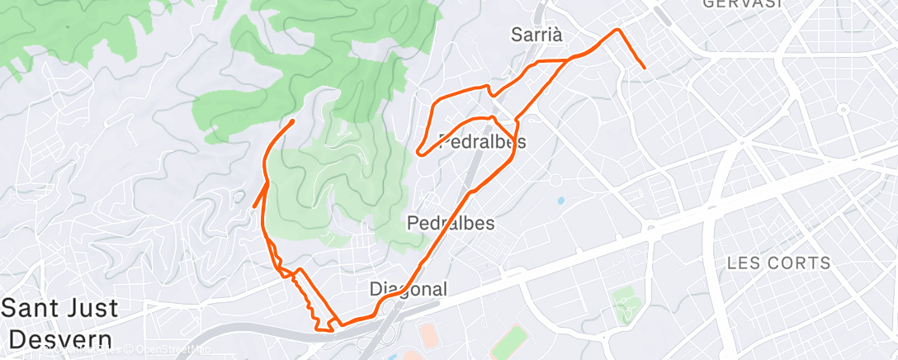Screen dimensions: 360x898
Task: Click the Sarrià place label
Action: pyautogui.click(x=536, y=35)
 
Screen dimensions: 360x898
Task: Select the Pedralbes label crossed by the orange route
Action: pyautogui.click(x=483, y=141)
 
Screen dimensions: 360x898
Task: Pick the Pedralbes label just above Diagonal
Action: pyautogui.click(x=451, y=223)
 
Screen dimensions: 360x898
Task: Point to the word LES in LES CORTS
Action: pyautogui.click(x=743, y=264)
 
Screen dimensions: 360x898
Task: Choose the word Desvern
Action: pyautogui.click(x=61, y=339)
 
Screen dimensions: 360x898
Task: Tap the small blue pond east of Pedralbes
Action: pyautogui.click(x=560, y=200)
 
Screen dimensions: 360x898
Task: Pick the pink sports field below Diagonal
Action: pyautogui.click(x=428, y=336)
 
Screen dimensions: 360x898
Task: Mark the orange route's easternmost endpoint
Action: pyautogui.click(x=643, y=67)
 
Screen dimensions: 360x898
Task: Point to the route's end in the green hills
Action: pyautogui.click(x=293, y=122)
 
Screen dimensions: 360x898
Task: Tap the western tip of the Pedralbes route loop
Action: pyautogui.click(x=419, y=152)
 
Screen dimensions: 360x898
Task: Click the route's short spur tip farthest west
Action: pyautogui.click(x=253, y=206)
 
